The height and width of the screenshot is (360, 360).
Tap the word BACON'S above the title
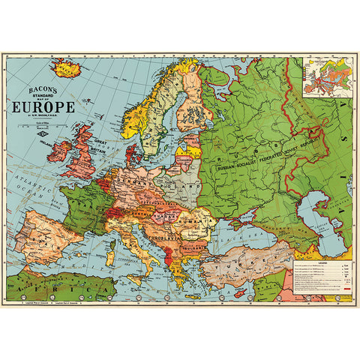[x=41, y=87]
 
